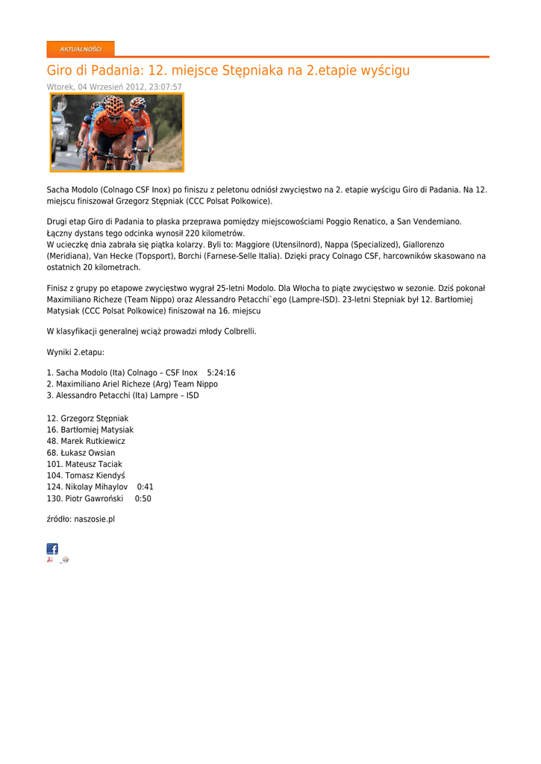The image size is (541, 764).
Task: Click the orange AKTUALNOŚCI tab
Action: click(x=81, y=49)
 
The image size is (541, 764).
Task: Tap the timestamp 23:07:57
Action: click(x=165, y=87)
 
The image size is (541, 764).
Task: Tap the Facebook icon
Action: click(x=52, y=548)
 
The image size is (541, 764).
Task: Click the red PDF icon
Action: click(x=50, y=560)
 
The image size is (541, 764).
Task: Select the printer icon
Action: click(x=65, y=560)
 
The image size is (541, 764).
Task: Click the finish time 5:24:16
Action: click(x=221, y=373)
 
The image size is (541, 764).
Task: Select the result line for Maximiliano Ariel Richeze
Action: click(x=132, y=384)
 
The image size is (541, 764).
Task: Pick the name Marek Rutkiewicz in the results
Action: click(x=86, y=442)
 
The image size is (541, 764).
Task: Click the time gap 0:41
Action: click(x=146, y=487)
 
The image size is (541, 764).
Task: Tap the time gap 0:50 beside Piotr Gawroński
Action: click(x=143, y=498)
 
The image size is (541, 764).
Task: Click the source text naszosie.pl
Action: click(x=95, y=519)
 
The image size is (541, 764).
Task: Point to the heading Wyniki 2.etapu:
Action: click(x=75, y=352)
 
